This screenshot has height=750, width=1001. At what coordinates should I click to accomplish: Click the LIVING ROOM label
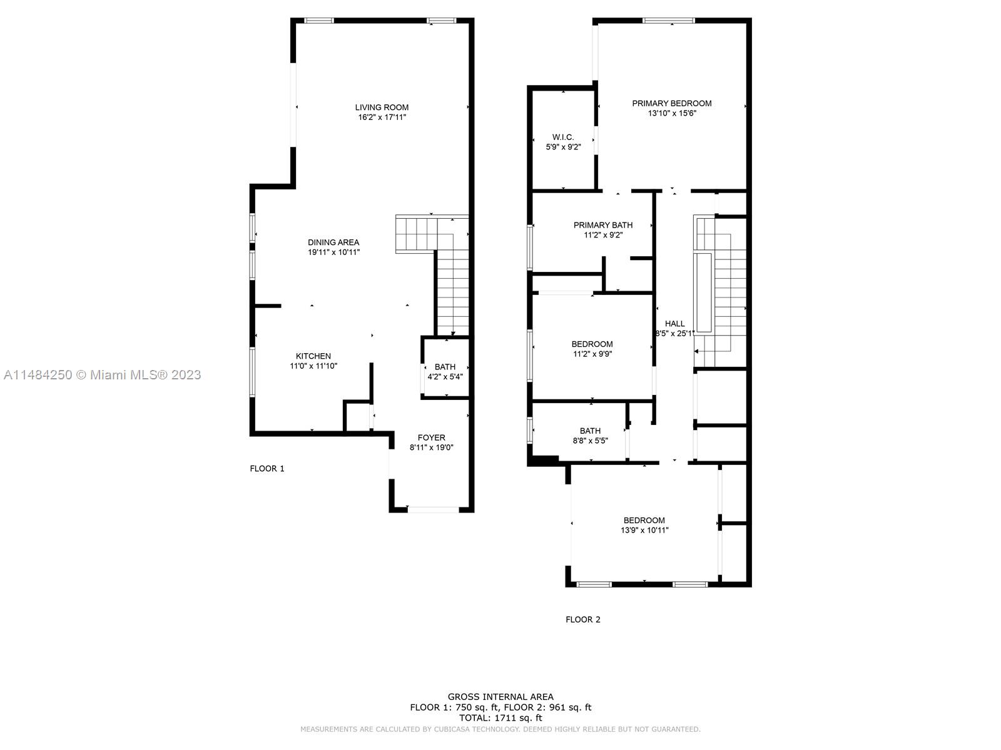(382, 107)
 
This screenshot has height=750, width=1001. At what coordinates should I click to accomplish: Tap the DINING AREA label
(333, 242)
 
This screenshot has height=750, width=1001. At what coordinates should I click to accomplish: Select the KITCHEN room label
(313, 356)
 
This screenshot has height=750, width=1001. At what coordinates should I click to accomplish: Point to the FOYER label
(432, 437)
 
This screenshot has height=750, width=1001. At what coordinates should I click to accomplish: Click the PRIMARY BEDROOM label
(672, 103)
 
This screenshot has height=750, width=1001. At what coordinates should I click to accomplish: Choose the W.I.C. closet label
(563, 137)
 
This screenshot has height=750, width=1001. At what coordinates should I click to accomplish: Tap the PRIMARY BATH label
(603, 225)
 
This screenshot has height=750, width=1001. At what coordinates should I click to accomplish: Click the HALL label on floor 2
(675, 323)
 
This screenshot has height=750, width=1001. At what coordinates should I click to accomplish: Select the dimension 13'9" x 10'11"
(644, 530)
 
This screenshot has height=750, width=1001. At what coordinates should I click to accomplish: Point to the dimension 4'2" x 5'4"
(445, 377)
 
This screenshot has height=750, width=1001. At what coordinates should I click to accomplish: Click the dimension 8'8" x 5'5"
(591, 441)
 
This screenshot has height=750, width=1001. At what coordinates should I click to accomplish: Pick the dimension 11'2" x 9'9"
(592, 354)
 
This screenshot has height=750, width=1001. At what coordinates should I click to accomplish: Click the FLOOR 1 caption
(267, 469)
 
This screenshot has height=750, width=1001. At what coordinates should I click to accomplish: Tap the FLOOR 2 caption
(583, 619)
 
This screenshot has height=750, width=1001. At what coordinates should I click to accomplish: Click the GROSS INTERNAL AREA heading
(500, 697)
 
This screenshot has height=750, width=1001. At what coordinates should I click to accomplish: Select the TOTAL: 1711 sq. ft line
(500, 718)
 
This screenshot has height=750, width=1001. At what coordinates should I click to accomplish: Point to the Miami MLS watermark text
(102, 375)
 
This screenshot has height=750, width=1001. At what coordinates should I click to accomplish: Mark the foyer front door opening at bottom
(433, 509)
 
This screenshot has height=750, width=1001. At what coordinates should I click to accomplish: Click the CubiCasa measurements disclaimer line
(500, 729)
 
